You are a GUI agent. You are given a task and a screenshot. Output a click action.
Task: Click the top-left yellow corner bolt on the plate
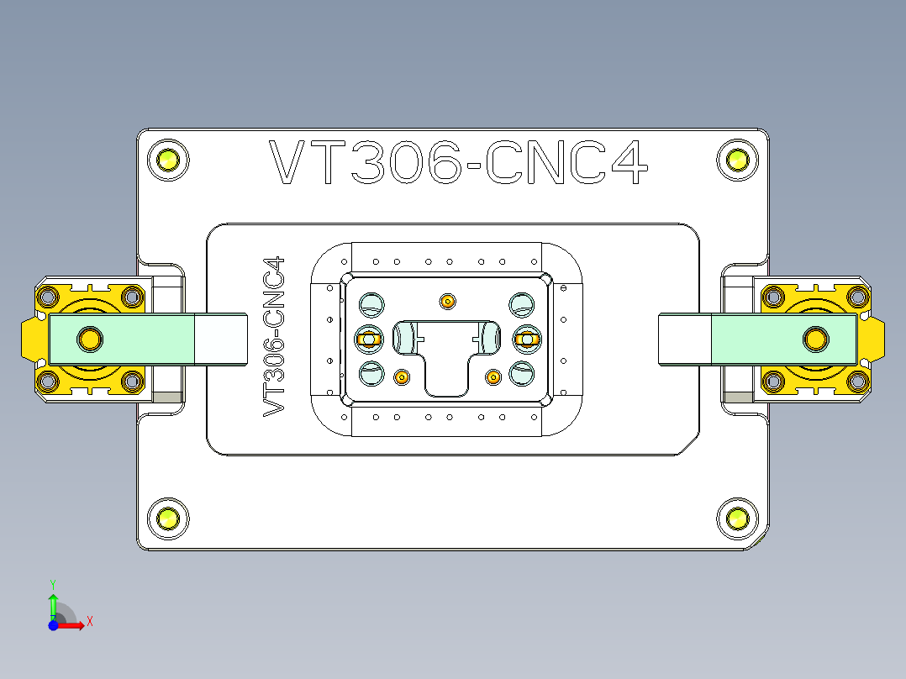click(x=167, y=160)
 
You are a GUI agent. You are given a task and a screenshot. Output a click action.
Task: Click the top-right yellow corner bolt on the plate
click(x=738, y=160)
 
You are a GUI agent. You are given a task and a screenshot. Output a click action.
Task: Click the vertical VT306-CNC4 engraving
click(x=274, y=337)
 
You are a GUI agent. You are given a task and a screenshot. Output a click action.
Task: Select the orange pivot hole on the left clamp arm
click(x=88, y=339)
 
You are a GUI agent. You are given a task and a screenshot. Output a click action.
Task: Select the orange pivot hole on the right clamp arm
click(x=814, y=339)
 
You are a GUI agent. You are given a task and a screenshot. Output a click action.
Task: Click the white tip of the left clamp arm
click(x=221, y=339)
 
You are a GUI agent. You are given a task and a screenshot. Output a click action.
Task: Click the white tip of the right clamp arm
click(x=684, y=339)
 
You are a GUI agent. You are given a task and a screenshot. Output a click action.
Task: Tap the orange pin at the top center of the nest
click(x=447, y=300)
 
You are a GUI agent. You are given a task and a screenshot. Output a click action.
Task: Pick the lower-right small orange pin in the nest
click(x=493, y=377)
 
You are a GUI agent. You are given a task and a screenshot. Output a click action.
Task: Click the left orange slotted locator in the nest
click(x=368, y=339)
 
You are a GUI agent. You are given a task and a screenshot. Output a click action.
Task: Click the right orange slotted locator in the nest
click(x=526, y=339)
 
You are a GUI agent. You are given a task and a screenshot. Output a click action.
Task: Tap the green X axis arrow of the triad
click(x=77, y=624)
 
